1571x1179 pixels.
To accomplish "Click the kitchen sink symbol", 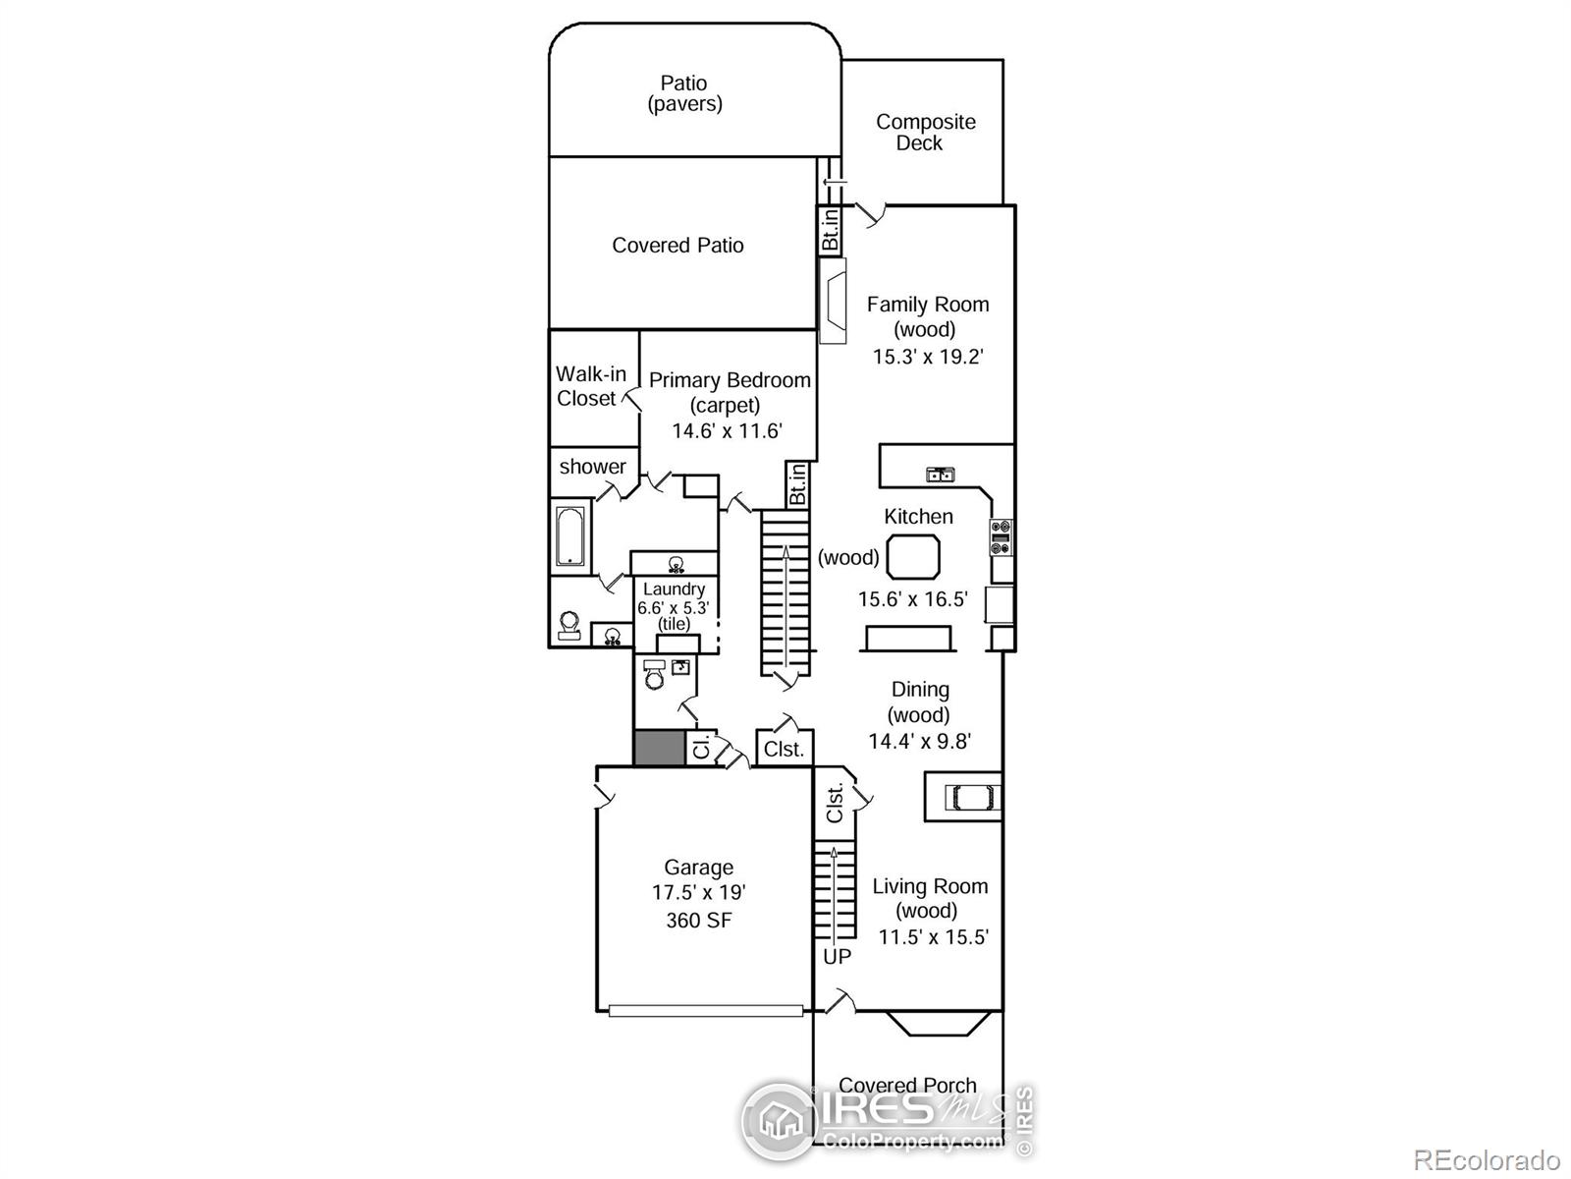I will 941,476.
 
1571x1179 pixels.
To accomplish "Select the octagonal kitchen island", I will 913,558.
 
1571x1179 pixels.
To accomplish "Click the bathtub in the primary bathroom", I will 569,535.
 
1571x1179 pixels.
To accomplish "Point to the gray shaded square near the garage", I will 658,749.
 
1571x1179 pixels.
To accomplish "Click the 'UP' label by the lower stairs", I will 837,956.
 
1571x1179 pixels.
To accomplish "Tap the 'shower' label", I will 592,467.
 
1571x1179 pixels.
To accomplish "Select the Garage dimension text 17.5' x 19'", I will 698,893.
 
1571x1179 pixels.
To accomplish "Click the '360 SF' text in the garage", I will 698,921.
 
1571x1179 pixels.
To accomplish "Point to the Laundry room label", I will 674,589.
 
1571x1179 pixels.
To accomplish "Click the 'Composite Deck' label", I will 923,133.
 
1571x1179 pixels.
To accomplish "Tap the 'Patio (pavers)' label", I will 684,93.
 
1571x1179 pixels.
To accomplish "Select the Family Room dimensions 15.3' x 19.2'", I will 927,357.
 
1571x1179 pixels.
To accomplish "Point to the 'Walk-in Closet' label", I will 589,386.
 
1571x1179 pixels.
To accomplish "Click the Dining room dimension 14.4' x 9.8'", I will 919,742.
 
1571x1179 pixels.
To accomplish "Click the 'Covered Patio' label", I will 677,246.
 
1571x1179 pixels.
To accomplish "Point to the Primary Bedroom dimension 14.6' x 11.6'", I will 727,431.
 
